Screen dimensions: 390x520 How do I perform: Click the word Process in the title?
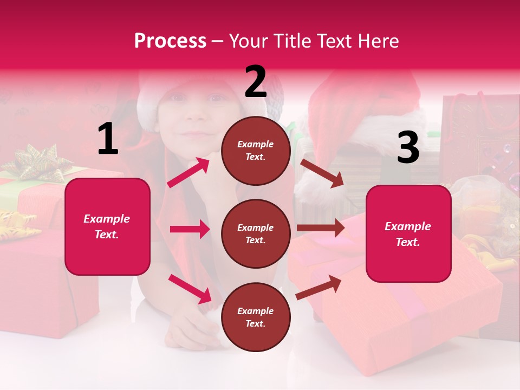[x=170, y=41]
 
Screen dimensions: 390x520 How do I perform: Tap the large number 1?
[x=108, y=139]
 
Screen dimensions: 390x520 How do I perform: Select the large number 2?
[x=256, y=82]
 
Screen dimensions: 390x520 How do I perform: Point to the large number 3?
[x=408, y=148]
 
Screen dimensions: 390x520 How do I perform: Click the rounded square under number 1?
[x=107, y=226]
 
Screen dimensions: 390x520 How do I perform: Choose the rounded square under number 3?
[x=408, y=233]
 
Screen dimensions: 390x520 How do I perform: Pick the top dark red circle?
[x=256, y=151]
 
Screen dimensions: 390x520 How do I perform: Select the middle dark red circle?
[x=256, y=233]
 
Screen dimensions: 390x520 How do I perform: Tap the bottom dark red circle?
[x=256, y=317]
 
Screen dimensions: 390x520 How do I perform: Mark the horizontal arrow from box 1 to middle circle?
[x=190, y=229]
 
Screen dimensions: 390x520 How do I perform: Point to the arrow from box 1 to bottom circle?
[x=190, y=288]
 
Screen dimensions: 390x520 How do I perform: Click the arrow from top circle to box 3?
[x=322, y=173]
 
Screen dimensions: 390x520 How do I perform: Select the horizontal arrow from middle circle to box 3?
[x=321, y=227]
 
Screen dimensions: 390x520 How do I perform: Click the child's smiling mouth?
[x=196, y=133]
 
